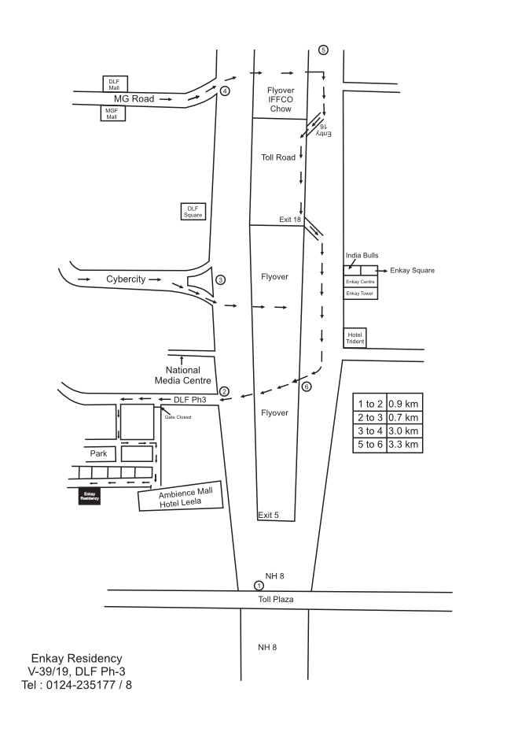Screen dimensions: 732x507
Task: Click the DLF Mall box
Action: [x=114, y=84]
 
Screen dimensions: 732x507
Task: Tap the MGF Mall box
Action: [x=112, y=113]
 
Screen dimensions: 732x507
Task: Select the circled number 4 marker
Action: [x=225, y=91]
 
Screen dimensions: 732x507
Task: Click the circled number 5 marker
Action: [x=323, y=50]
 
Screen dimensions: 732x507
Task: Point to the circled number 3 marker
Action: [x=221, y=279]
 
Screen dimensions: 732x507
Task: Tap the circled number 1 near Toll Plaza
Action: [x=259, y=585]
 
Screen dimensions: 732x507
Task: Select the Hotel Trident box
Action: [x=356, y=337]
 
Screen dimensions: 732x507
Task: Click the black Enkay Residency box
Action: [x=89, y=497]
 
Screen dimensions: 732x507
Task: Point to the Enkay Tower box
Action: [x=361, y=293]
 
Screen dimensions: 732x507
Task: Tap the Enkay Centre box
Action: [x=361, y=281]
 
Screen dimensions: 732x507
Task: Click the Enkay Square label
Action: [x=412, y=270]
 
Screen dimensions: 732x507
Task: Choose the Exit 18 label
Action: [x=290, y=220]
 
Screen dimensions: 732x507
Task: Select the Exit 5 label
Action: [x=269, y=515]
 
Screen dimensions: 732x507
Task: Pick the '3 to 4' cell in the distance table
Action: [x=370, y=431]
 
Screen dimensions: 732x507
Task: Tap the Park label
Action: [x=98, y=453]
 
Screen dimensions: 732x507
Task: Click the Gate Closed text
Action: [x=178, y=416]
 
